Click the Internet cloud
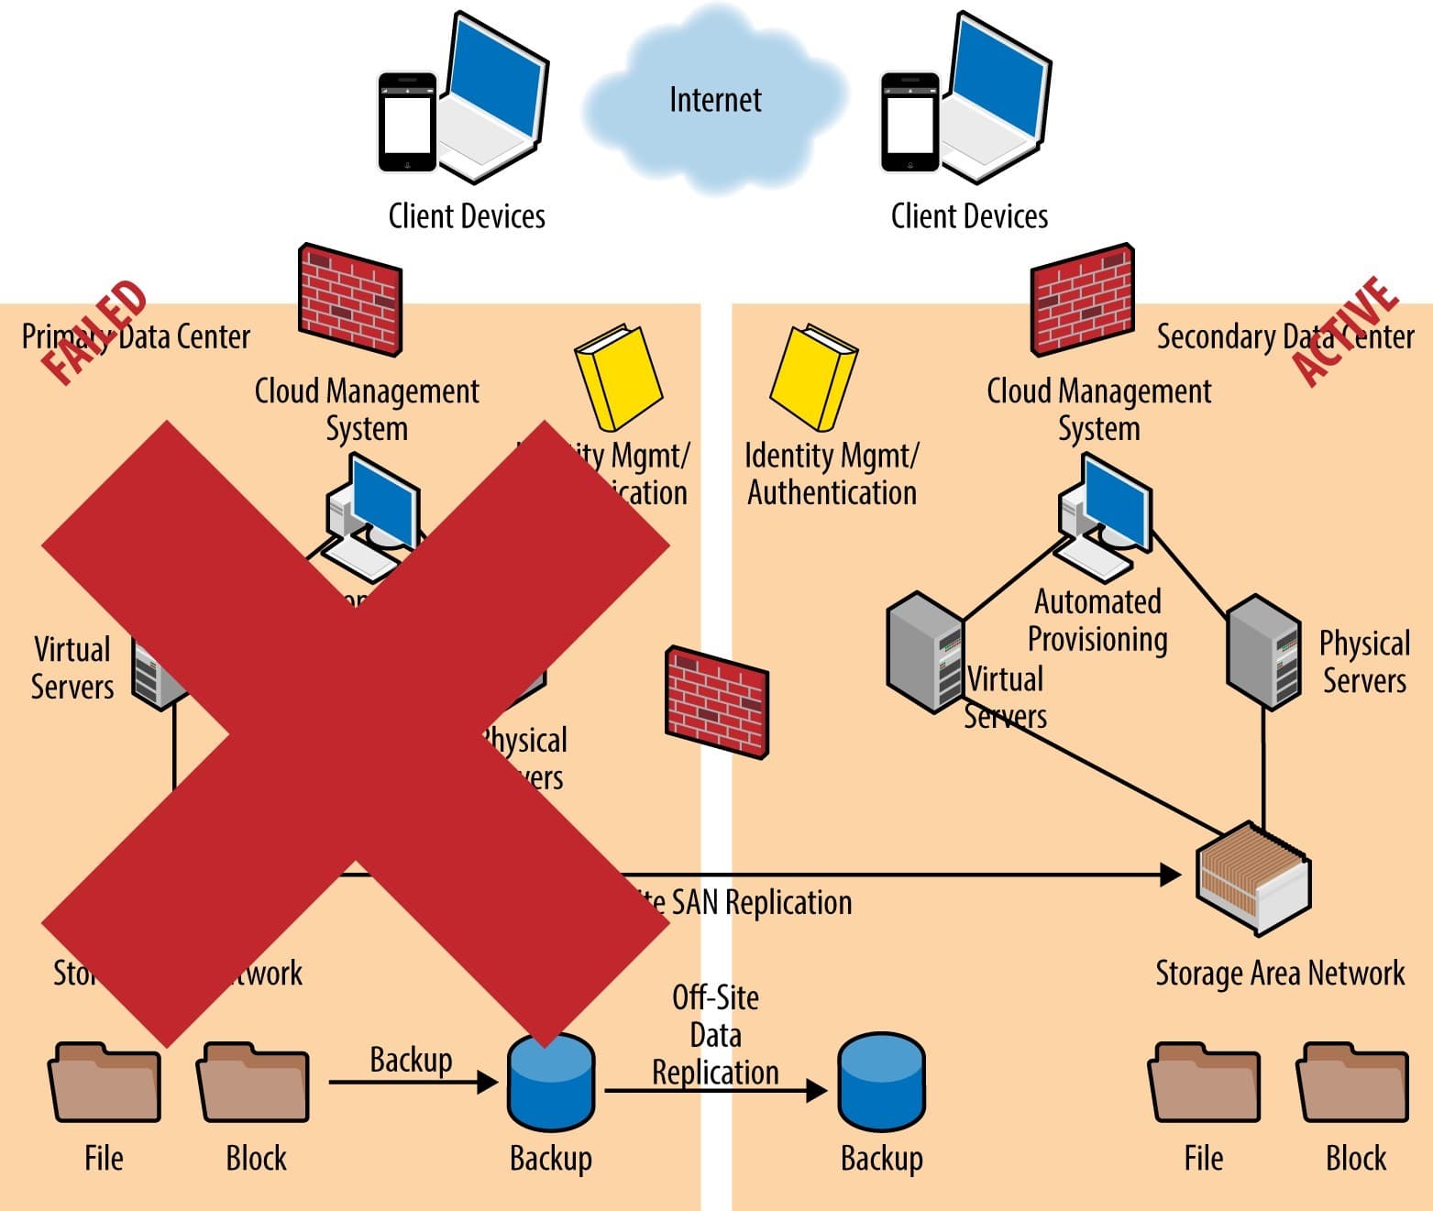pyautogui.click(x=714, y=101)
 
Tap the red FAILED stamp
pyautogui.click(x=94, y=331)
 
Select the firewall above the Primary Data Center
pyautogui.click(x=350, y=299)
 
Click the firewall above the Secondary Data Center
pyautogui.click(x=1082, y=299)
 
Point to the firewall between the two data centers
pyautogui.click(x=716, y=701)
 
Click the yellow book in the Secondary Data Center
pyautogui.click(x=813, y=376)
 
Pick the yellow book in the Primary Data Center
pyautogui.click(x=618, y=376)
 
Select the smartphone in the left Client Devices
pyautogui.click(x=407, y=122)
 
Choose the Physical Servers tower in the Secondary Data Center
pyautogui.click(x=1263, y=650)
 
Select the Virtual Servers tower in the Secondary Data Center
pyautogui.click(x=924, y=652)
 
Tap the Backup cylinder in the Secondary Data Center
pyautogui.click(x=881, y=1082)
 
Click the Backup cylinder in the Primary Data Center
pyautogui.click(x=551, y=1082)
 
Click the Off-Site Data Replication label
pyautogui.click(x=715, y=1035)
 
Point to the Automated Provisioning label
pyautogui.click(x=1097, y=621)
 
